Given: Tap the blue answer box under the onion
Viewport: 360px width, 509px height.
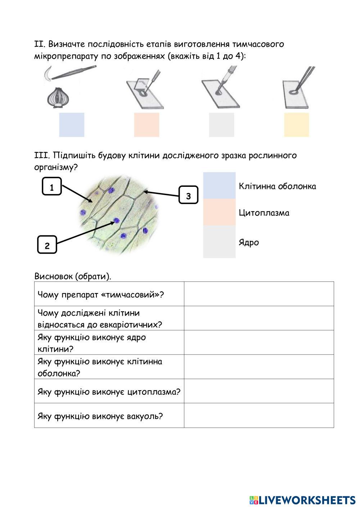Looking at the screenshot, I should [72, 125].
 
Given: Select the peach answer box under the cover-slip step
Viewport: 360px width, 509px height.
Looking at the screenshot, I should [147, 125].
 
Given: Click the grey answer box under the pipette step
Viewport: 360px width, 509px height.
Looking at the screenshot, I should [221, 125].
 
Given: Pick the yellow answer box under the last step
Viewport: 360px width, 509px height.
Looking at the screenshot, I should [296, 125].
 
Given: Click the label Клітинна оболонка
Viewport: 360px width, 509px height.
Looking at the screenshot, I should [277, 186].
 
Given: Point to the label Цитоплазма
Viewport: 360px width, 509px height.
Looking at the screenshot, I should [264, 213].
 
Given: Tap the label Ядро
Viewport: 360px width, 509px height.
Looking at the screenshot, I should [249, 242].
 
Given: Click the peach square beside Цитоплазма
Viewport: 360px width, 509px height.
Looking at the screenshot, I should [219, 212].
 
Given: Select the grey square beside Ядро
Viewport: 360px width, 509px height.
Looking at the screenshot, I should [219, 242].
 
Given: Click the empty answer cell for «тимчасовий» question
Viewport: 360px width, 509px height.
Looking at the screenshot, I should [259, 294].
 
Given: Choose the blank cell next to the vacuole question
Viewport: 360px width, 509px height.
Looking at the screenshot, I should [259, 416].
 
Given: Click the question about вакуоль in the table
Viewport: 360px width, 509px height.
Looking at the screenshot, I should [100, 416].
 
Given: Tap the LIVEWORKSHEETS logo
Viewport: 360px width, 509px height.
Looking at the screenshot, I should [302, 500].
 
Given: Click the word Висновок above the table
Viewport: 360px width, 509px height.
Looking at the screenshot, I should [53, 276].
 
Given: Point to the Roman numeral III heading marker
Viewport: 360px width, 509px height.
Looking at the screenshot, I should [39, 156].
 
